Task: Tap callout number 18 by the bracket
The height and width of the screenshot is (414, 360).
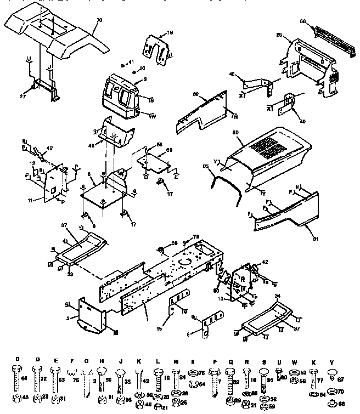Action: click(x=170, y=33)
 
